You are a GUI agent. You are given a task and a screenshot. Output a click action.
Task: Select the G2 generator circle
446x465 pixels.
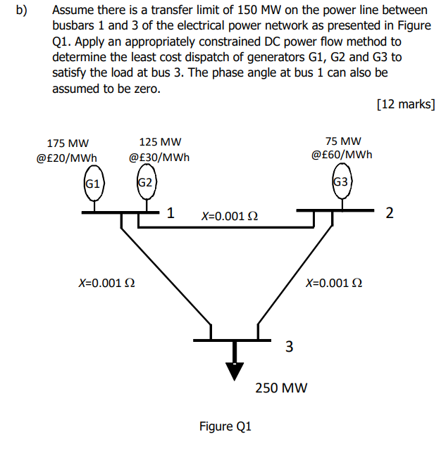coord(145,183)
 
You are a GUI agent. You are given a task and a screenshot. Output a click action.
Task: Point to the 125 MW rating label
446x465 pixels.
coord(160,142)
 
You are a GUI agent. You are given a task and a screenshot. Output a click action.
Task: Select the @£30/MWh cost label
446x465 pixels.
coord(159,158)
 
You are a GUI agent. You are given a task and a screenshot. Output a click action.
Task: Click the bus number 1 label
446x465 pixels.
coord(171,212)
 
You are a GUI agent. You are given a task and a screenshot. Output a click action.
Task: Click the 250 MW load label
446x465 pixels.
coord(281,388)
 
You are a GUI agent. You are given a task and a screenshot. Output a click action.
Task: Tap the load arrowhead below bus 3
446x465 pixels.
coord(234,370)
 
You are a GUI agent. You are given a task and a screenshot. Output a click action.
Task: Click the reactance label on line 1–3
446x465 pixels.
coord(106,283)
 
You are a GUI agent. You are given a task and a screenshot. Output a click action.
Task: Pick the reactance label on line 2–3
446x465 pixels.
coord(334,283)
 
